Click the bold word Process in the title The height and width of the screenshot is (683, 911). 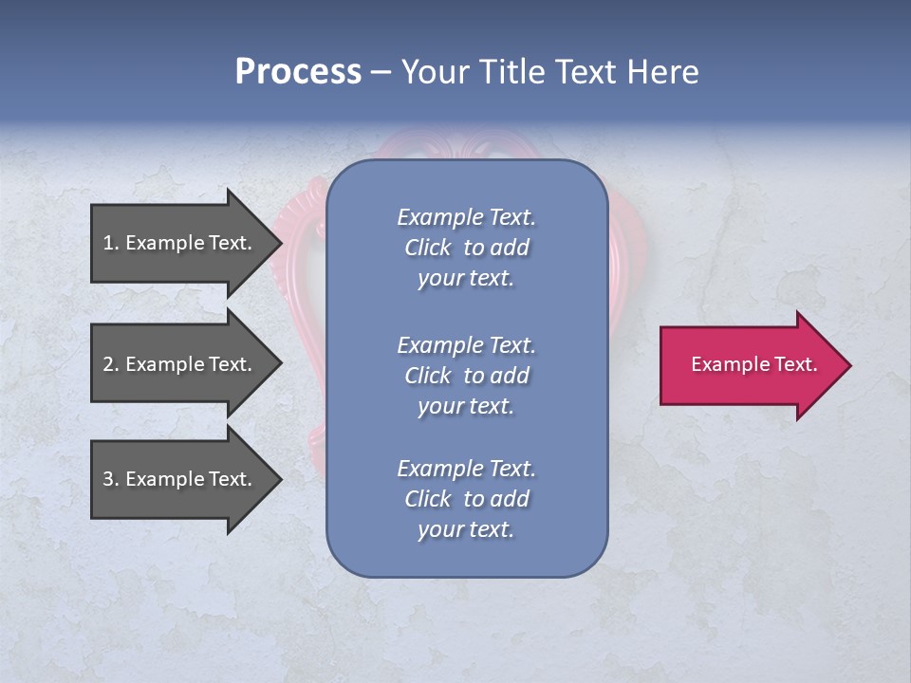(x=298, y=72)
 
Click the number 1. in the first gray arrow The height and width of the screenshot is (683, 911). (x=111, y=243)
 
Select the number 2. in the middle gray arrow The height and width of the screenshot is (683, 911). (x=111, y=364)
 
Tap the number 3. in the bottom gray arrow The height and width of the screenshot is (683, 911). (x=111, y=479)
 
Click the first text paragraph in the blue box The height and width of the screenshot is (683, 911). (x=466, y=248)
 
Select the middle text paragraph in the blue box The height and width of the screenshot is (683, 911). (x=466, y=376)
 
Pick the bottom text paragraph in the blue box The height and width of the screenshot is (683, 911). (x=466, y=499)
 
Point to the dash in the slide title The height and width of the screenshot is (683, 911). (x=381, y=72)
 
